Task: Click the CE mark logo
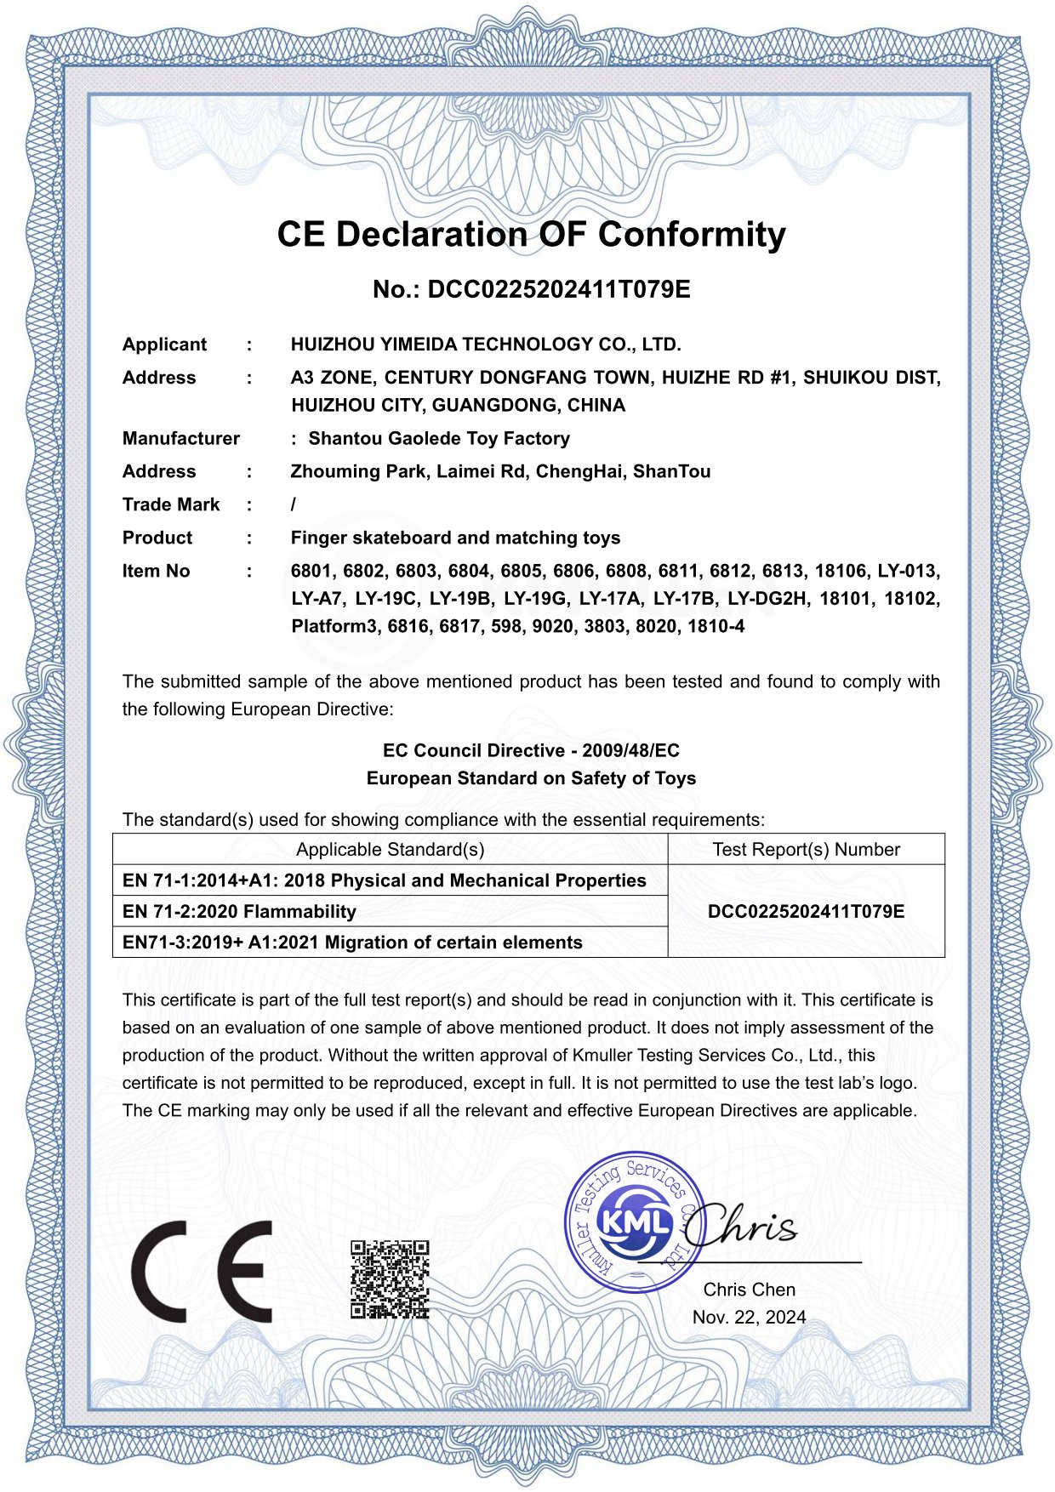click(x=202, y=1271)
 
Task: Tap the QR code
click(x=390, y=1278)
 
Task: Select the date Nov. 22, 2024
click(x=749, y=1318)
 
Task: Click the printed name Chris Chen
click(x=749, y=1290)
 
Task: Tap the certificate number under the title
click(x=531, y=290)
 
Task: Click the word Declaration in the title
click(x=432, y=235)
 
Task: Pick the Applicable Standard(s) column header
click(x=390, y=849)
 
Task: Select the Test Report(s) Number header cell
click(x=806, y=849)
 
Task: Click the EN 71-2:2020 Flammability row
click(x=239, y=912)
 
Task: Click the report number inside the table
click(x=806, y=912)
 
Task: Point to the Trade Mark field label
click(x=171, y=504)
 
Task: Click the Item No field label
click(x=156, y=571)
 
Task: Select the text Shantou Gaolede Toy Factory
click(x=439, y=438)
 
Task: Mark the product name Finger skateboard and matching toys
click(x=455, y=538)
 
